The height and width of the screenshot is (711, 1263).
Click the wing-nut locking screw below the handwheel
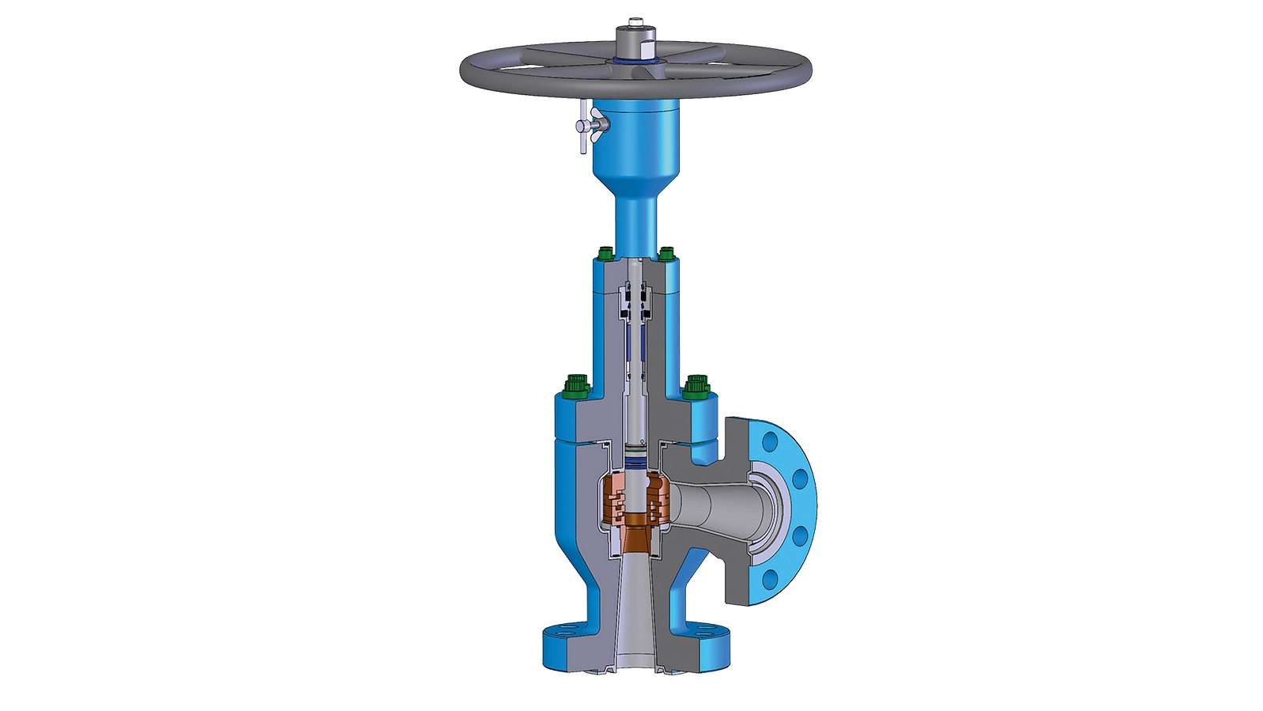coord(586,126)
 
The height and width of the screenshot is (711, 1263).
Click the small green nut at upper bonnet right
coord(666,254)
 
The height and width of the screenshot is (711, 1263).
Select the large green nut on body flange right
coord(696,387)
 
